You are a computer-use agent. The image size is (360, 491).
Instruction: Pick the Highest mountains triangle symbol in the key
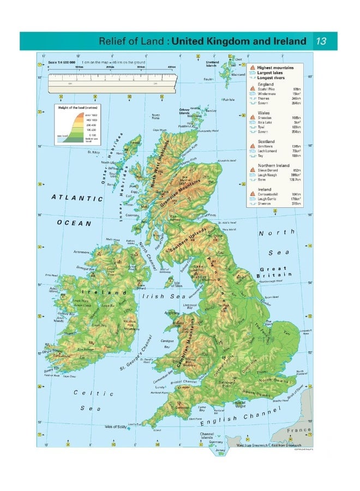pos(253,67)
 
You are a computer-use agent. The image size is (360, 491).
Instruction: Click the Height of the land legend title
pos(73,108)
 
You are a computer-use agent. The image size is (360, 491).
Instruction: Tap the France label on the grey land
pos(301,430)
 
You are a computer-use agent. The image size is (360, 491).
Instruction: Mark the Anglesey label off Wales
pos(172,313)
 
